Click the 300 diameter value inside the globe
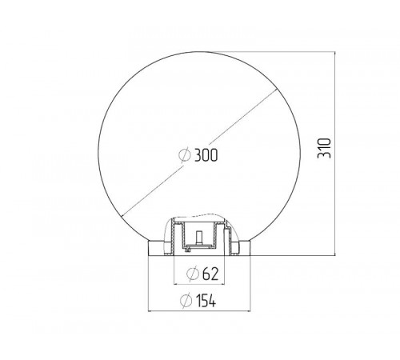tap(206, 155)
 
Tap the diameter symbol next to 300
tap(185, 155)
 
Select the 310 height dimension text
tap(324, 148)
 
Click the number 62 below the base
tap(210, 274)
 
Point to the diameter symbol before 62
tap(193, 274)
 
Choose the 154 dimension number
tap(206, 301)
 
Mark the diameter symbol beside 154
tap(186, 301)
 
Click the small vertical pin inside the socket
tap(199, 238)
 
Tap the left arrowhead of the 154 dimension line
tap(150, 311)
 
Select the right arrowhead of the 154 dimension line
tap(248, 311)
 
